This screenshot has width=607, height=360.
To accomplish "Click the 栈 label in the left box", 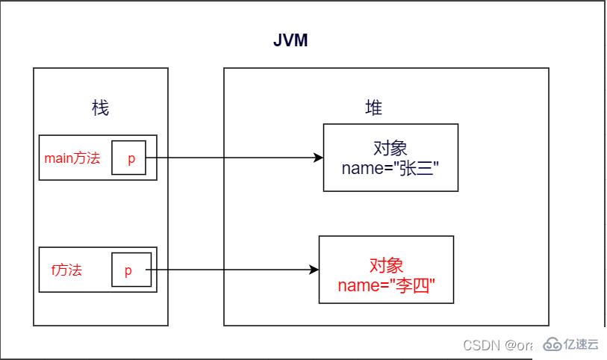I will pos(100,108).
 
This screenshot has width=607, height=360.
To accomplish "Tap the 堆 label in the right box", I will pos(373,108).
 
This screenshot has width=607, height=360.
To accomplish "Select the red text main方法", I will pos(72,158).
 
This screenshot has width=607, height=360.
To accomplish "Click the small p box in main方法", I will pos(129,158).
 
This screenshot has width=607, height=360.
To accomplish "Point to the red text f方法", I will pos(66,270).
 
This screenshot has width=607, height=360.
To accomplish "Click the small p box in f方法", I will pos(129,270).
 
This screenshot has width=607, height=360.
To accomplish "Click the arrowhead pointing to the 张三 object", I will pos(319,158).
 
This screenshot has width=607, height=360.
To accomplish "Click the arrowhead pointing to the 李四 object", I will pos(314,270).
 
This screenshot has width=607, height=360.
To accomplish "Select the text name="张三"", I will pos(390,168).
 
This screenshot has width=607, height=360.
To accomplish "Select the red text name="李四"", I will pos(385,285).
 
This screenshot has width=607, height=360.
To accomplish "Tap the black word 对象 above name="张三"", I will pos(390,146).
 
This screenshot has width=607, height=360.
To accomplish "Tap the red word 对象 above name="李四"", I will pos(386,265).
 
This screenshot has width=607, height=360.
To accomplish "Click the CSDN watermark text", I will pos(482,344).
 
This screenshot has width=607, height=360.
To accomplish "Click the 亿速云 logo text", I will pos(582,344).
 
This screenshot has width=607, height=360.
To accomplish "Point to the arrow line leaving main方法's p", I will pos(231,158).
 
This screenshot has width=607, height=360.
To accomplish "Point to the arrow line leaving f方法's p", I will pos(231,270).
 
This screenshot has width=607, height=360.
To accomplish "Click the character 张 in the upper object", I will pos(409,168).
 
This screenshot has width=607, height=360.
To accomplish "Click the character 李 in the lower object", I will pos(405,285).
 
